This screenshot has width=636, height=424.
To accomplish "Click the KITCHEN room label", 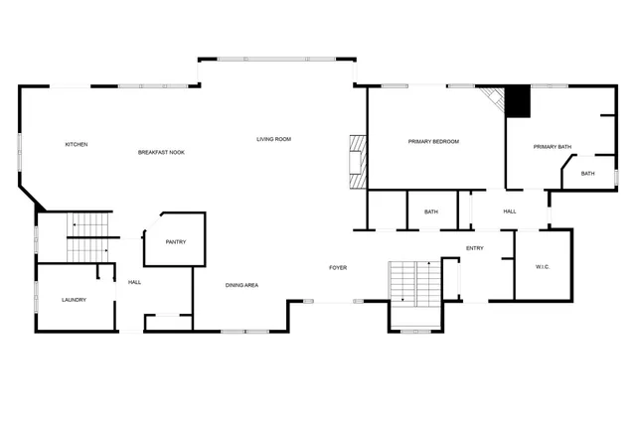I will pos(77,145).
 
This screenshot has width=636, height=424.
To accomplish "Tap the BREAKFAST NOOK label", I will pos(161,152).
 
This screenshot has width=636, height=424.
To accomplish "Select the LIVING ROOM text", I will pos(273,139).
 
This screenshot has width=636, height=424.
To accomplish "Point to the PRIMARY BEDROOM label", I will pos(433,142).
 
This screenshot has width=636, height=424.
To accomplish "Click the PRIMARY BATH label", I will pos(553,148).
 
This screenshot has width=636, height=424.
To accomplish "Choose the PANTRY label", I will pos(175,242).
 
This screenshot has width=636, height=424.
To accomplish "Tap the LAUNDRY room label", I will pos(75,300).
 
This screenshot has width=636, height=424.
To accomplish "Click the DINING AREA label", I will pos(241,286).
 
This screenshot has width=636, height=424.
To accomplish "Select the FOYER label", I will pos(339,268).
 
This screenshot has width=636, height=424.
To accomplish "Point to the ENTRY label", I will pos(474,248).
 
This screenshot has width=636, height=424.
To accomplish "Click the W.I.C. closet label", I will pos(543,266).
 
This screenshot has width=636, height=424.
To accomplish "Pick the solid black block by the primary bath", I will pos(518,102).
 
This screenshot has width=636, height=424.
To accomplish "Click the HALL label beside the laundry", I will pos(134,282).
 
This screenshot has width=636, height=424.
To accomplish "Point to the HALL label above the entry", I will pos(510,212).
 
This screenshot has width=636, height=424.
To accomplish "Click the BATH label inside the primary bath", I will pos(588,174).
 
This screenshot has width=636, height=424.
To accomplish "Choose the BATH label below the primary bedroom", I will pos(431,212).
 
